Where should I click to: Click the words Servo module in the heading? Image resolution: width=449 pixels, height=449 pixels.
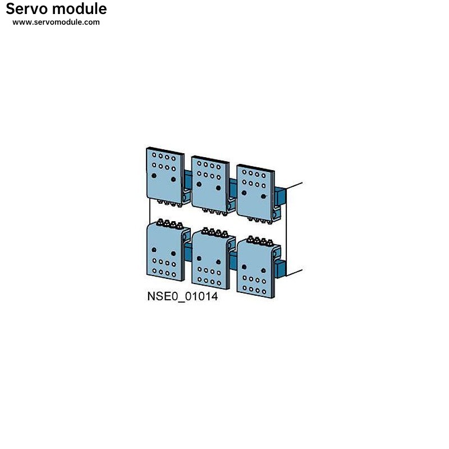[x=56, y=9]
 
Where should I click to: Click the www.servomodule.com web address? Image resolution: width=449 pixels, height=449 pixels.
[x=56, y=22]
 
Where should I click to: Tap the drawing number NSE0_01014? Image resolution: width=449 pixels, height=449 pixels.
[x=182, y=297]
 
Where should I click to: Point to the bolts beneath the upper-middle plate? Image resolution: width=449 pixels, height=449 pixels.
[x=214, y=212]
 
